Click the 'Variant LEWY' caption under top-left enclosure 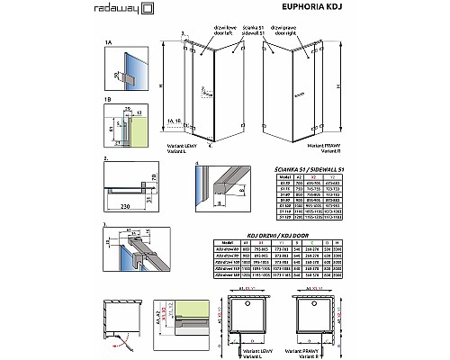click(181, 146)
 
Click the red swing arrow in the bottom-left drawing click(118, 338)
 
